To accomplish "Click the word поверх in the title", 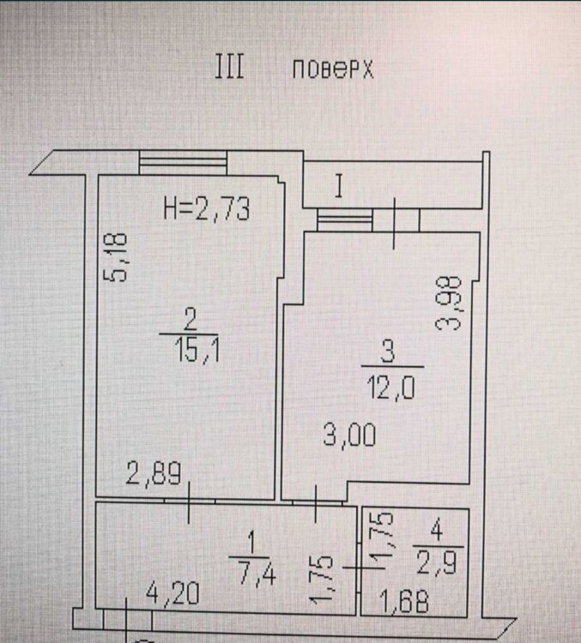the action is (x=333, y=69).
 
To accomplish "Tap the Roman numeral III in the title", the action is (x=230, y=67).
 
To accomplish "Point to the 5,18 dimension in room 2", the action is (x=115, y=257).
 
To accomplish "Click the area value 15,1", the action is (x=197, y=351).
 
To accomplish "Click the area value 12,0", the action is (x=391, y=388).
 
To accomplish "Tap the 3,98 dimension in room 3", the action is (x=449, y=303).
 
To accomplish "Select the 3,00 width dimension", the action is (x=349, y=435).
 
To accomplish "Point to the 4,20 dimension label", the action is (x=172, y=593).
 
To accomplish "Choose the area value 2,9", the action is (x=437, y=562).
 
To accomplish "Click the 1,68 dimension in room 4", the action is (x=404, y=602).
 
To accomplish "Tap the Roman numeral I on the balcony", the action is (x=339, y=186).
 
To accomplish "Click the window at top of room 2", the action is (x=183, y=163).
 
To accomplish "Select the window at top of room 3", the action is (x=345, y=219).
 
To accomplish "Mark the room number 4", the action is (x=437, y=532).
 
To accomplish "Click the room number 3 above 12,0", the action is (x=388, y=353).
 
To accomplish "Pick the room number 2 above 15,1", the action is (x=191, y=320).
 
